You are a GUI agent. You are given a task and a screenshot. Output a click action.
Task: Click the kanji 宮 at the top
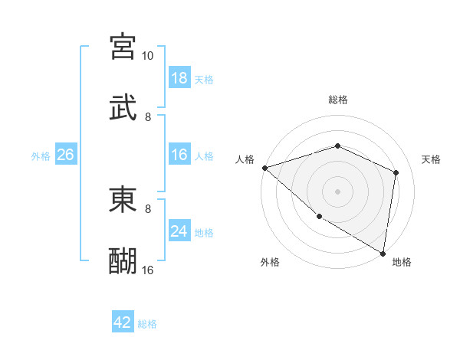pos(123,46)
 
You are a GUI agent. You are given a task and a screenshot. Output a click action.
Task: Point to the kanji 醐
pos(123,260)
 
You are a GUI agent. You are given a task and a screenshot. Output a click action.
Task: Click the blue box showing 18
pos(179,78)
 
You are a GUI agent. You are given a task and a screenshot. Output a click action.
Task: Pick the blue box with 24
pos(179,231)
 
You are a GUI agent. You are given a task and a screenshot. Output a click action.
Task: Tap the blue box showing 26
pos(65,155)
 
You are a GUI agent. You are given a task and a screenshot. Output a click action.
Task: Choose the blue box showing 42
pos(123,322)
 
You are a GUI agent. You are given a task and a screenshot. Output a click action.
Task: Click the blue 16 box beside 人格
pos(179,155)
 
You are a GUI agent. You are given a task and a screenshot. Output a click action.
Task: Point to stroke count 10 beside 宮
pos(147,56)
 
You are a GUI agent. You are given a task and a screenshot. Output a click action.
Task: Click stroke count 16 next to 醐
pos(147,270)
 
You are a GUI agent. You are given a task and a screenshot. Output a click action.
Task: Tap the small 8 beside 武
pos(148,117)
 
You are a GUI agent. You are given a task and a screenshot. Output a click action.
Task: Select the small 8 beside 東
pos(148,208)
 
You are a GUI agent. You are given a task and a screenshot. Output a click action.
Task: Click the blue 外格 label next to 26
pos(41,155)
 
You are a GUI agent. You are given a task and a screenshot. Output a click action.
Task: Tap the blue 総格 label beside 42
pos(147,323)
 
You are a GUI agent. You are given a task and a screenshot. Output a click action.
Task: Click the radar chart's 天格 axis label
pos(431,159)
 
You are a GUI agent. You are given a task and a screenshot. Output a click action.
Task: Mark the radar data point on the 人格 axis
pos(264,168)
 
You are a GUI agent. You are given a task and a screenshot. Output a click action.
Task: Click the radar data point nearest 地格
pos(383,252)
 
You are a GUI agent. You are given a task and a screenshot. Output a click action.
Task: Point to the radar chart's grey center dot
pos(337,191)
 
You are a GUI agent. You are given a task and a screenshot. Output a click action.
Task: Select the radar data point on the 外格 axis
pos(319,216)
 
